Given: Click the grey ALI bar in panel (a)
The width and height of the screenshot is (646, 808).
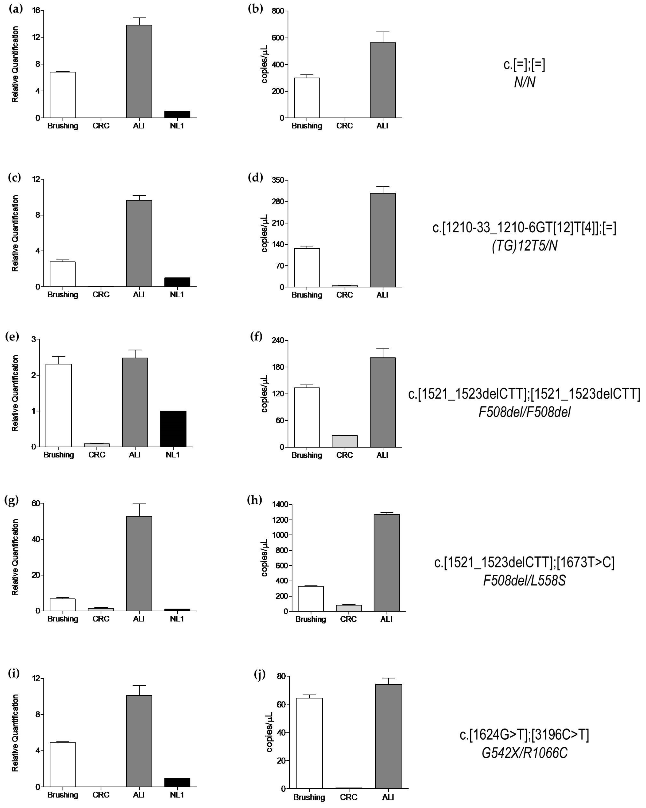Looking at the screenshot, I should [139, 71].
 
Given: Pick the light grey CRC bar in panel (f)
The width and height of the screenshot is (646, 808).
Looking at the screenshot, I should [344, 441].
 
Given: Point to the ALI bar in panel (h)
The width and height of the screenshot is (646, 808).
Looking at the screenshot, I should [386, 562].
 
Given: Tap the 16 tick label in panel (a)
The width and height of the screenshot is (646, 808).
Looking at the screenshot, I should [36, 11].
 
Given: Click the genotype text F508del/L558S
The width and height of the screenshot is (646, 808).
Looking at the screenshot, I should [524, 581].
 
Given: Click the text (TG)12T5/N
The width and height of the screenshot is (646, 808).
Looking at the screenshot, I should [524, 246].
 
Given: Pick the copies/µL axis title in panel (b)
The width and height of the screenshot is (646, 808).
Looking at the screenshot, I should [265, 64].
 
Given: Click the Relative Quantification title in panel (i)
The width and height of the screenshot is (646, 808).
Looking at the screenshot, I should [15, 733].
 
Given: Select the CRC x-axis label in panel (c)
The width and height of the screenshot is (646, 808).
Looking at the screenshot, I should [101, 295].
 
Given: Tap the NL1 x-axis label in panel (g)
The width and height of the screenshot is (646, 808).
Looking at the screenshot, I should [177, 618].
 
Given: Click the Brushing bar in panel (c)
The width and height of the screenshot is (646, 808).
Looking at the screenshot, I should [63, 274].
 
